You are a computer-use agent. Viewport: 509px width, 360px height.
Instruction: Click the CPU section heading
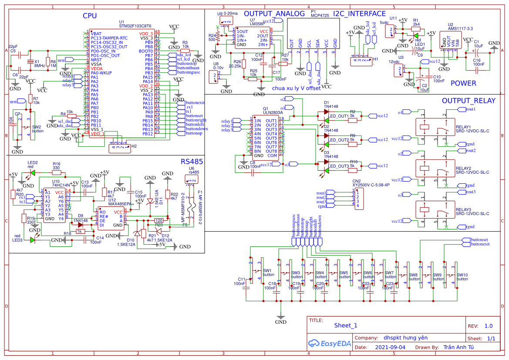(x=90, y=16)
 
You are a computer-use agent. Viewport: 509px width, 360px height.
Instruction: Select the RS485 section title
(x=192, y=162)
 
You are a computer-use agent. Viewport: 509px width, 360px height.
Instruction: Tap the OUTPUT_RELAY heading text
(x=469, y=101)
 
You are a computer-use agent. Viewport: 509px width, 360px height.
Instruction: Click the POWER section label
(x=463, y=83)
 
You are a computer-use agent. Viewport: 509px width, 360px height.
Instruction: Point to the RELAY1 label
(x=463, y=127)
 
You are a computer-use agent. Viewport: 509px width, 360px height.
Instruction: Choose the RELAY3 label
(x=463, y=209)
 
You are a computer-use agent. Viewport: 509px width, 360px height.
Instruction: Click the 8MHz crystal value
(x=39, y=66)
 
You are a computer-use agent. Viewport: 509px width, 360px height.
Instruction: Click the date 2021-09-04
(x=390, y=347)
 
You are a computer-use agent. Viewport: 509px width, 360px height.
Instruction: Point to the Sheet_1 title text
(x=346, y=325)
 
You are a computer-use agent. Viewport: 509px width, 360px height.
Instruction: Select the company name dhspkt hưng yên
(x=405, y=337)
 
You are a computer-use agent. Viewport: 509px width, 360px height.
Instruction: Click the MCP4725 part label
(x=320, y=15)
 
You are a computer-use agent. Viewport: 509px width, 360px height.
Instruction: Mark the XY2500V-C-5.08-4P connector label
(x=371, y=185)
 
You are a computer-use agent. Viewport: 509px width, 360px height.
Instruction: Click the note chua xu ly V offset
(x=296, y=88)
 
